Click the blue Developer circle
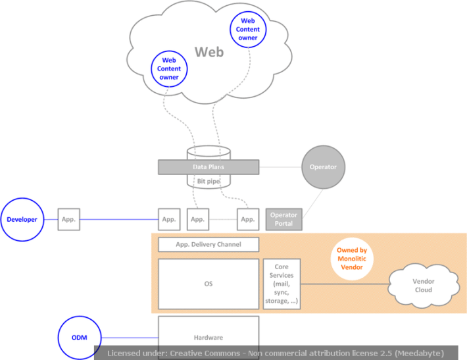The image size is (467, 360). [x=22, y=219]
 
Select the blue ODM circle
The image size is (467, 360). [x=79, y=337]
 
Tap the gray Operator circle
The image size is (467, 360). [x=322, y=167]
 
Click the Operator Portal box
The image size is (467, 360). [x=283, y=219]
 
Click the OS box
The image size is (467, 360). [x=208, y=284]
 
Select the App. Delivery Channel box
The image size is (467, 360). [x=208, y=244]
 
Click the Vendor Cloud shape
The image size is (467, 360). [x=423, y=285]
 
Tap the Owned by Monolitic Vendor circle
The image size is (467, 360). [x=352, y=259]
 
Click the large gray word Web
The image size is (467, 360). [x=209, y=51]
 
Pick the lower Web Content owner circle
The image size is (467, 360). [x=169, y=68]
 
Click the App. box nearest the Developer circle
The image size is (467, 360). [x=69, y=219]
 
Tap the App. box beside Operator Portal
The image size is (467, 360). [x=247, y=219]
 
